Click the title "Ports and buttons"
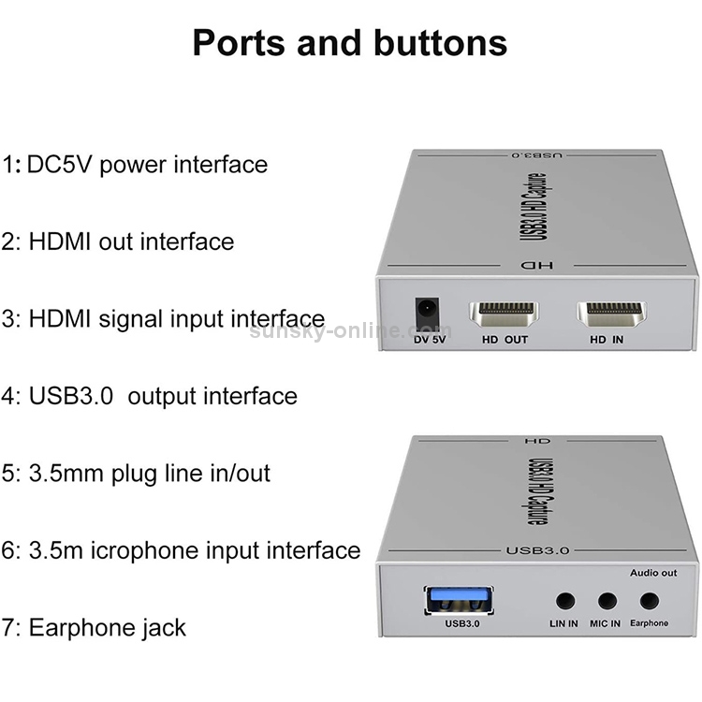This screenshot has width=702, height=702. tap(350, 43)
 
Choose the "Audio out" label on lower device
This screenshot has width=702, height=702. tap(652, 572)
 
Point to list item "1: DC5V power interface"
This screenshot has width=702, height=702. tap(135, 165)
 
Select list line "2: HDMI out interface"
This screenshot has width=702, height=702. tap(118, 241)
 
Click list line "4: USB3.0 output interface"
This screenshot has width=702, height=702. tap(150, 396)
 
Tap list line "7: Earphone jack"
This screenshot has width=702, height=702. tap(95, 626)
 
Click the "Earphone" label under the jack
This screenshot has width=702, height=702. tap(650, 623)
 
